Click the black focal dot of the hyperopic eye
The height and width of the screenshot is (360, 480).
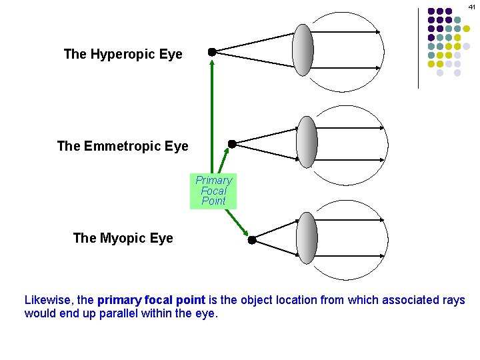(x=211, y=51)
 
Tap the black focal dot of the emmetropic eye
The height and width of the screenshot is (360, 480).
(x=232, y=143)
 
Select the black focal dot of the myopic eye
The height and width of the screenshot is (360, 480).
(x=252, y=239)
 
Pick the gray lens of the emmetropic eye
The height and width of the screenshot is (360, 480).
(x=307, y=142)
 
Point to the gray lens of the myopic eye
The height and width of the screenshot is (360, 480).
(x=307, y=238)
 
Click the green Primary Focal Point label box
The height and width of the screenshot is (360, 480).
(x=213, y=191)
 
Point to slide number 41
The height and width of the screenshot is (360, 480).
(x=471, y=5)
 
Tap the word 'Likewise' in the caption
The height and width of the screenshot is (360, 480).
(x=48, y=300)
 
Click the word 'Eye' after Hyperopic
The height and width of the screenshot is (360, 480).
(x=171, y=54)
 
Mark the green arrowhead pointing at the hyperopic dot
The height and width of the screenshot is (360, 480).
(x=212, y=62)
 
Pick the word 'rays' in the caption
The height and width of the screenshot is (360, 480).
(x=453, y=300)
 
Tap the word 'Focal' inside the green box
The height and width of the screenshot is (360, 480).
(x=213, y=191)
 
